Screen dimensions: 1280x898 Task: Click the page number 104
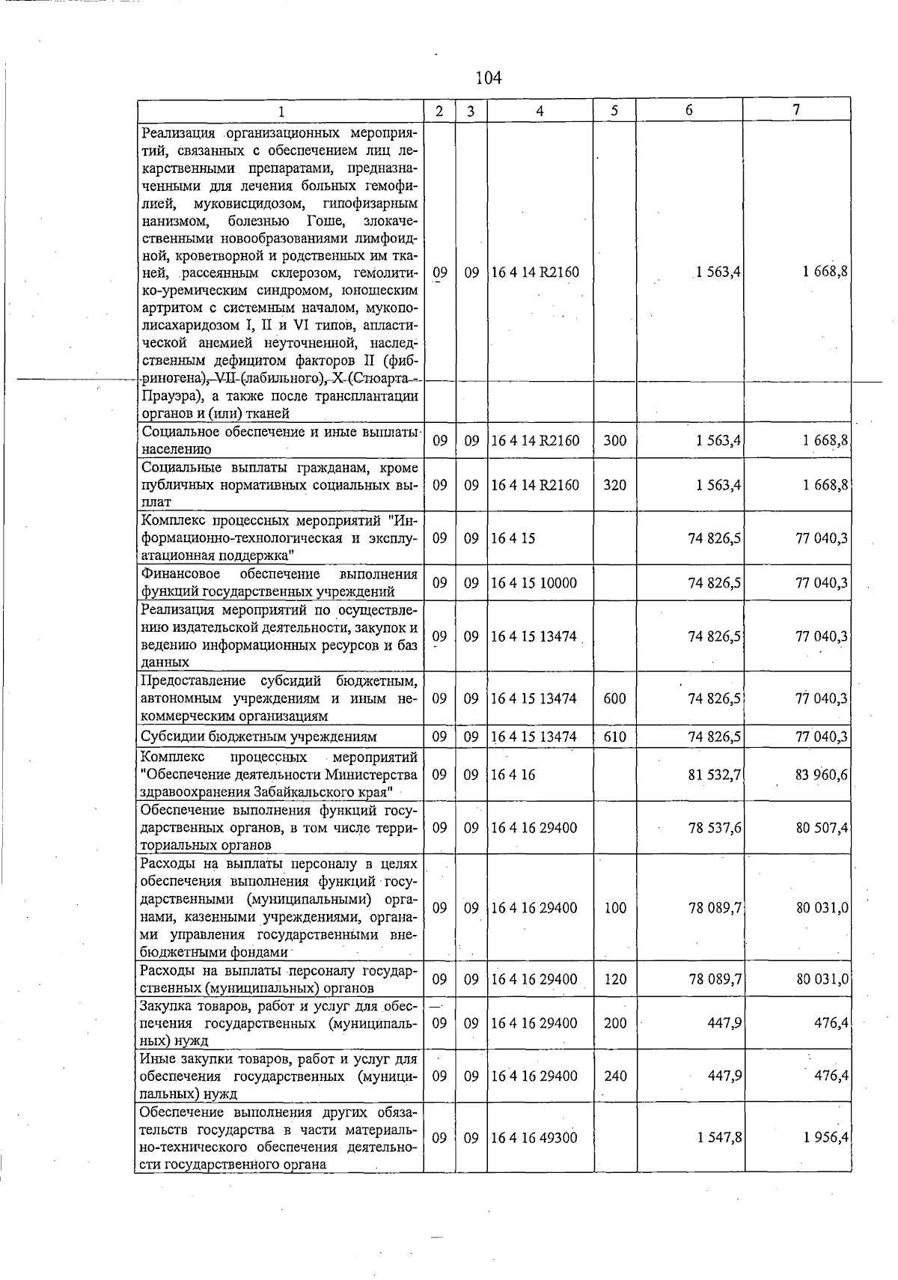coord(488,78)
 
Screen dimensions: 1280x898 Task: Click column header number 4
coord(540,111)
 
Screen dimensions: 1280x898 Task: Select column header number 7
coord(797,110)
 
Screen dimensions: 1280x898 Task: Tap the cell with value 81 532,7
coord(715,775)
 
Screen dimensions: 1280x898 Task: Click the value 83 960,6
coord(821,775)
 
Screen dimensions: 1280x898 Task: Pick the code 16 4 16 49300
coord(534,1138)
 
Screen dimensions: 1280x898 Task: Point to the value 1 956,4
coord(825,1138)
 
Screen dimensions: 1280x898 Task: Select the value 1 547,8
coord(719,1138)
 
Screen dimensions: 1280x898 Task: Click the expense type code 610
coord(614,737)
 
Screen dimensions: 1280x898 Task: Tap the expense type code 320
coord(614,485)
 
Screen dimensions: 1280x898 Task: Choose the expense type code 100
coord(614,908)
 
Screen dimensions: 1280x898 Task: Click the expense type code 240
coord(614,1076)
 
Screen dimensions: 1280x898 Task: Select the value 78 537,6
coord(715,828)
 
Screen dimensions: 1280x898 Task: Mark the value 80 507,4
coord(821,828)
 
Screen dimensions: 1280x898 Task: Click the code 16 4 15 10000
coord(534,583)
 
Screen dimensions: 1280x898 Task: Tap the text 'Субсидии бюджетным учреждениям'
coord(259,737)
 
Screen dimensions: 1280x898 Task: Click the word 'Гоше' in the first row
coord(326,221)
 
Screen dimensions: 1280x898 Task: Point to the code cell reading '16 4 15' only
coord(513,538)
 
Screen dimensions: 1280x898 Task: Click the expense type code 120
coord(614,979)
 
